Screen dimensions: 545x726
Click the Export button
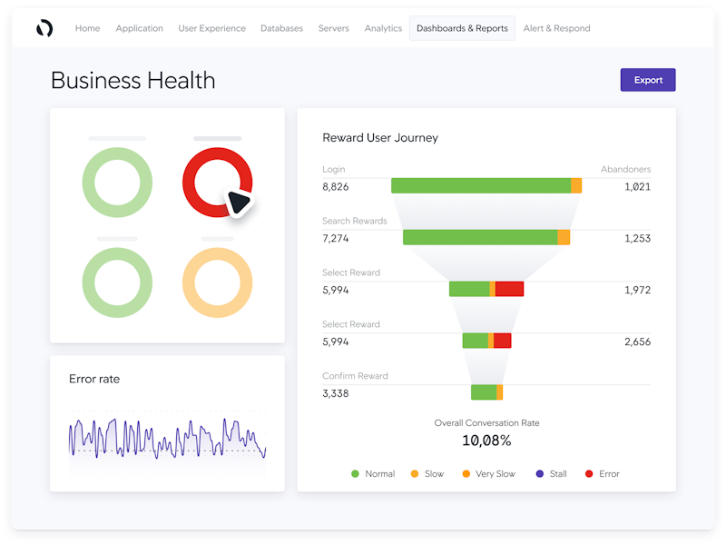[x=648, y=80]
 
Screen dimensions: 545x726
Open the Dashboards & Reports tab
[x=462, y=28]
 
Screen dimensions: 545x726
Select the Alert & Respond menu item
[x=556, y=28]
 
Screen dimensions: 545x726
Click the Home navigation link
[x=88, y=28]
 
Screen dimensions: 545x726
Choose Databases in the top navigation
[x=281, y=28]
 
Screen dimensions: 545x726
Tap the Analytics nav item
[x=383, y=28]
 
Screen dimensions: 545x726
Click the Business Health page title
[x=133, y=80]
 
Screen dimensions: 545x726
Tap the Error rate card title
[x=94, y=379]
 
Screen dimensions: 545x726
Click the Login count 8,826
[x=336, y=186]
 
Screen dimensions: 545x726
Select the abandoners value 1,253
[x=637, y=238]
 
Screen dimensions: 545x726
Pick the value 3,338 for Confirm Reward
[x=336, y=393]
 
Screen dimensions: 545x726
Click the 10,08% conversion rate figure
[x=486, y=441]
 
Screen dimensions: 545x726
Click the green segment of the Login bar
[x=481, y=185]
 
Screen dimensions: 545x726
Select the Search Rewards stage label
[x=354, y=221]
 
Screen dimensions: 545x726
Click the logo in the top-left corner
[x=44, y=28]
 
